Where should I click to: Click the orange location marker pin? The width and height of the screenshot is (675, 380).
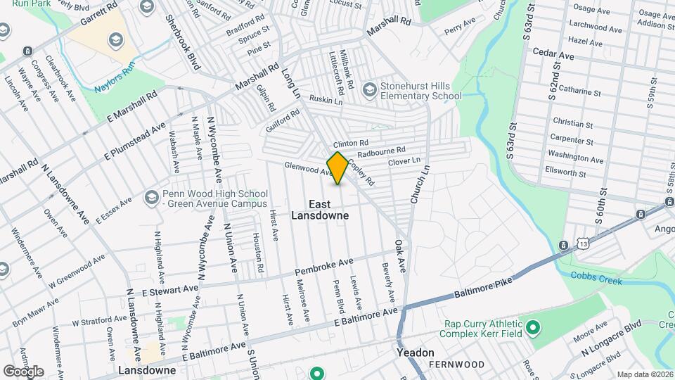coord(337,167)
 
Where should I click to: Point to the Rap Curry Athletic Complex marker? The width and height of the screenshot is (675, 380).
coord(533,327)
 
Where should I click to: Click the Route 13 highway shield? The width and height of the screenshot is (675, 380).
coord(563,244)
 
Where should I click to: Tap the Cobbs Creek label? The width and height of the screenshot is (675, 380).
coord(597,278)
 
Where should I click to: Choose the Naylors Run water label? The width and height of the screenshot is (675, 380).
coord(114,87)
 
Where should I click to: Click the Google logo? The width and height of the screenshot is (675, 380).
coord(23,371)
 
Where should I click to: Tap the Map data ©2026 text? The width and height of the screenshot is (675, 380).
coord(644,374)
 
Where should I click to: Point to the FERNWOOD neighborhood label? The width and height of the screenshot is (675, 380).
coord(460,365)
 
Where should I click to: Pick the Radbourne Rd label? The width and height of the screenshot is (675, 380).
coord(381,151)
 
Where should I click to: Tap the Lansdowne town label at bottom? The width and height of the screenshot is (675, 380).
coord(146,369)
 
